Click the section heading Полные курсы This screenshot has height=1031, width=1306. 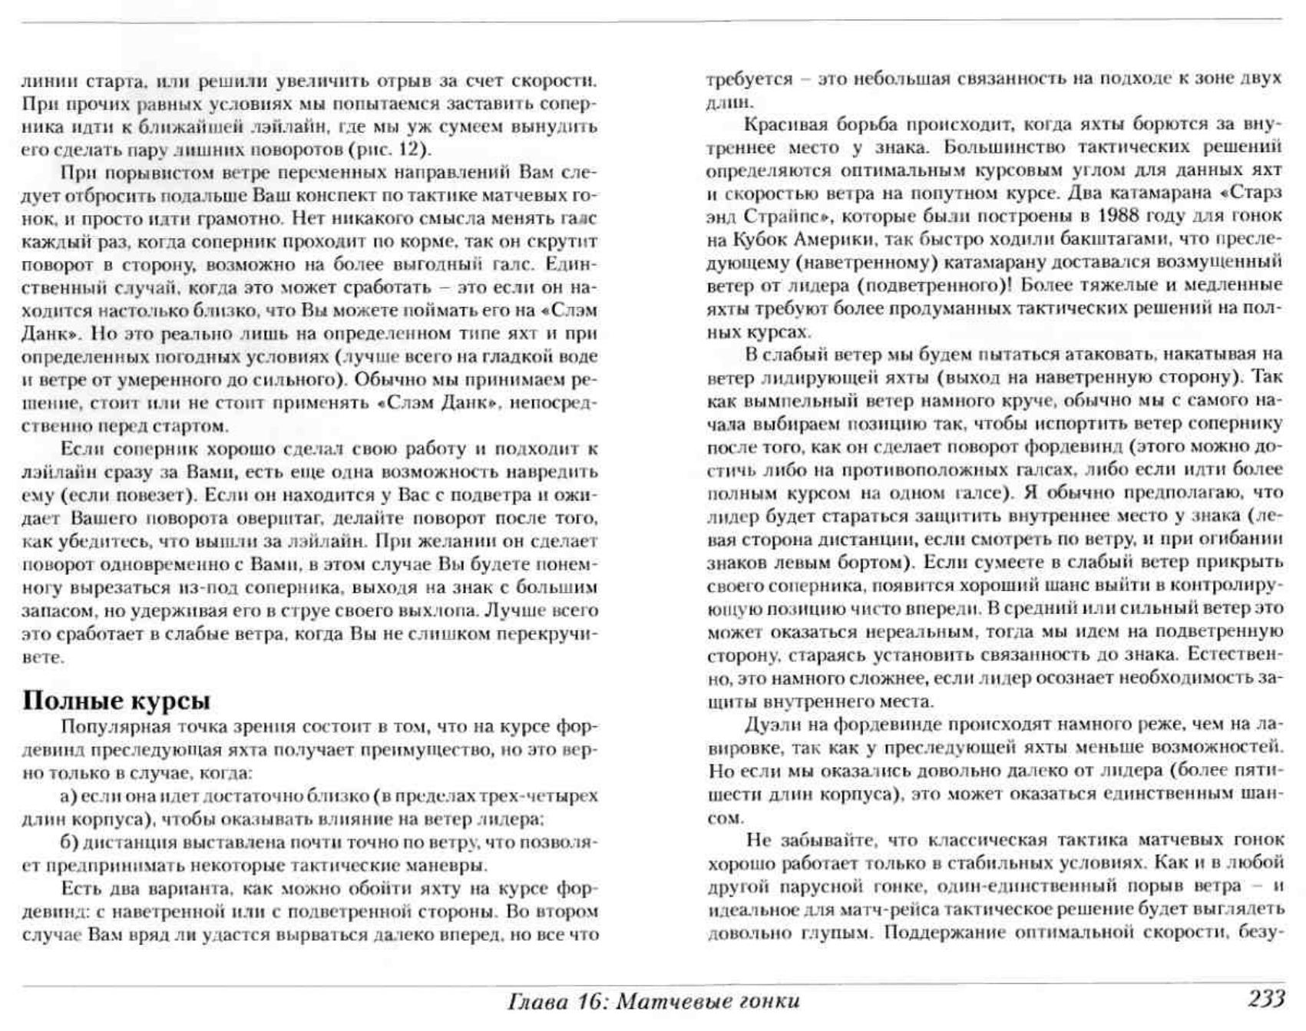[116, 701]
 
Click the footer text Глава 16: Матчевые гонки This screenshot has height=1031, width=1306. [653, 1001]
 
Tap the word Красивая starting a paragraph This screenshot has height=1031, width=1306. [782, 124]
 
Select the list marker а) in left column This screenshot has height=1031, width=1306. [68, 796]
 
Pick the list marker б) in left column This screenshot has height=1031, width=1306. [70, 842]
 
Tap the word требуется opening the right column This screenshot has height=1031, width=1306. [749, 78]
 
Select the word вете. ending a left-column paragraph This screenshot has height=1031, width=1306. [42, 658]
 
